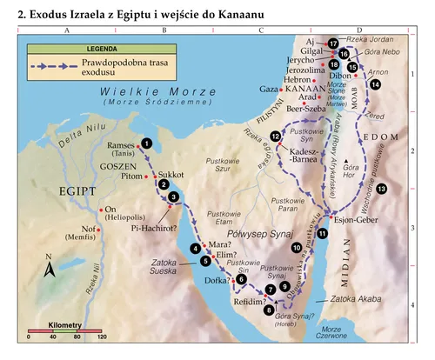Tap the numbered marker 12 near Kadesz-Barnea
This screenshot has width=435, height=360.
(276, 137)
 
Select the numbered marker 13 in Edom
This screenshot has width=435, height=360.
(381, 190)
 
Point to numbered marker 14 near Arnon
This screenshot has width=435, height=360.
(375, 84)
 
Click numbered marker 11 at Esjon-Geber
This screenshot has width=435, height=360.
(323, 233)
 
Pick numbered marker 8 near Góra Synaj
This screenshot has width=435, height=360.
(269, 309)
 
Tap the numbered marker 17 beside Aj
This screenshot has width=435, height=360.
(333, 43)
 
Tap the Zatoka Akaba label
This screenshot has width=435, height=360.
(332, 298)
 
